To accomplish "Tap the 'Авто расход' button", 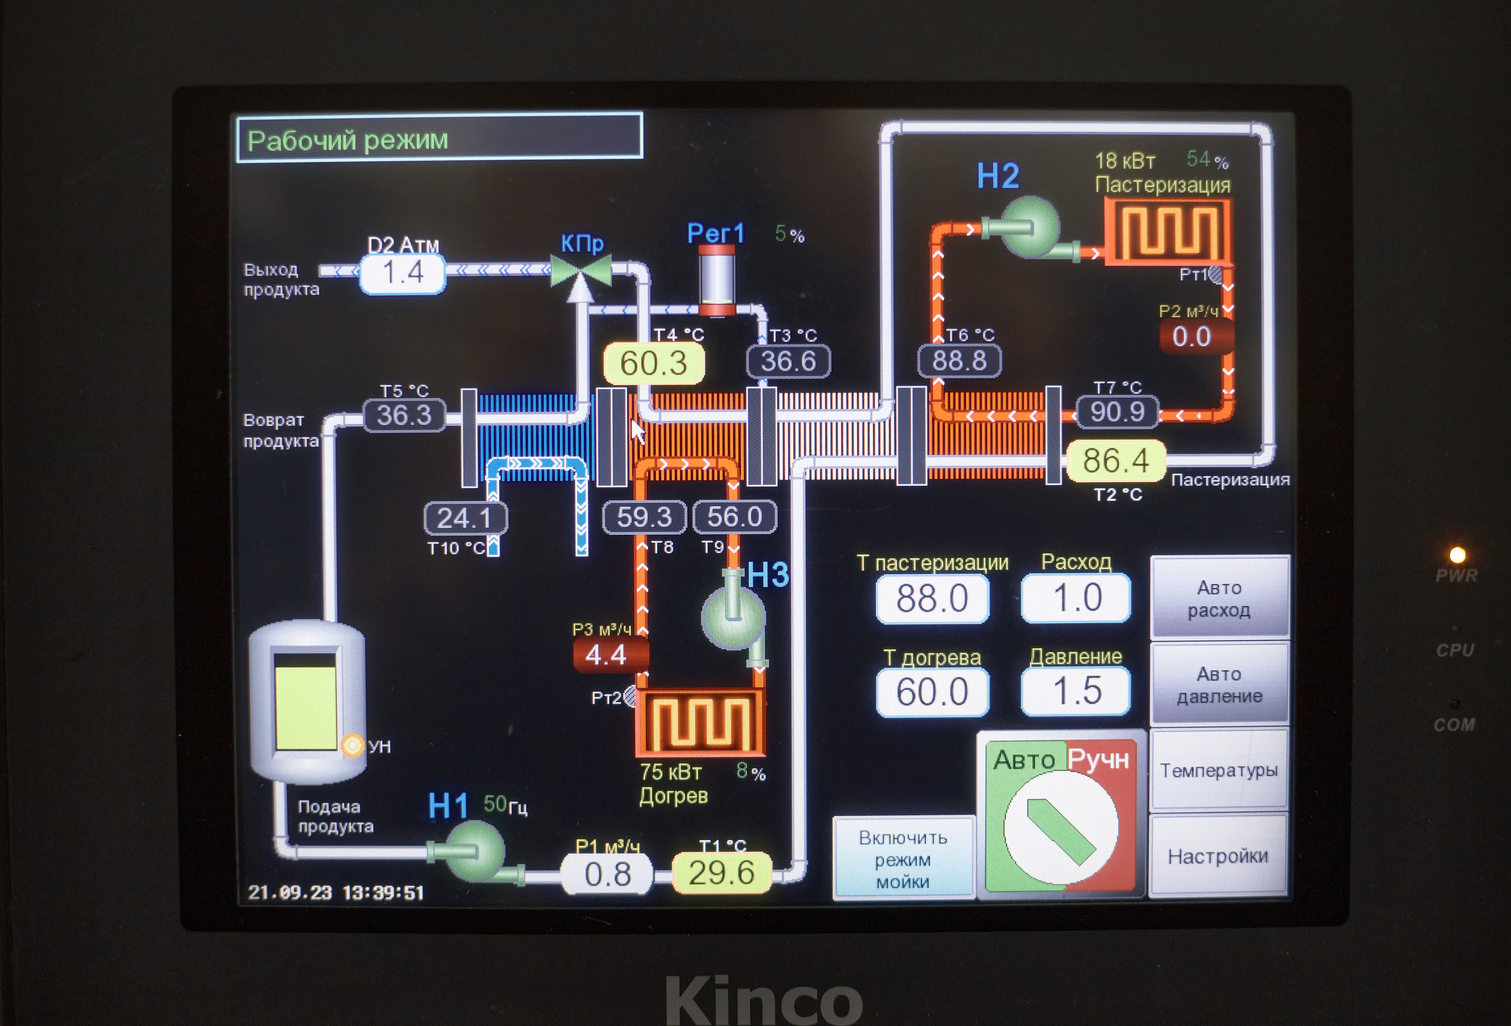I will click(x=1219, y=598).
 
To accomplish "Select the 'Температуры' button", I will click(x=1218, y=770).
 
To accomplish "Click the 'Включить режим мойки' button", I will click(x=903, y=859).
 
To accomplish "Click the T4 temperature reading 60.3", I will click(x=653, y=363).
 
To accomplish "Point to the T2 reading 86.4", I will click(x=1116, y=461).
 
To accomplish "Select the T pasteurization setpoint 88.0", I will click(x=932, y=599).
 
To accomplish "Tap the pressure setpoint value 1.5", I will click(x=1076, y=691).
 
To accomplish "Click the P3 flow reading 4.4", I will click(x=606, y=655).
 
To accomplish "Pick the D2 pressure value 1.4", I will click(x=403, y=272).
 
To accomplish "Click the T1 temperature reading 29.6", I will click(x=721, y=873).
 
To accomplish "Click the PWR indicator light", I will click(x=1457, y=554).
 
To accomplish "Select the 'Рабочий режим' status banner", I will click(x=440, y=137).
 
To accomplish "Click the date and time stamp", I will click(x=335, y=893).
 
